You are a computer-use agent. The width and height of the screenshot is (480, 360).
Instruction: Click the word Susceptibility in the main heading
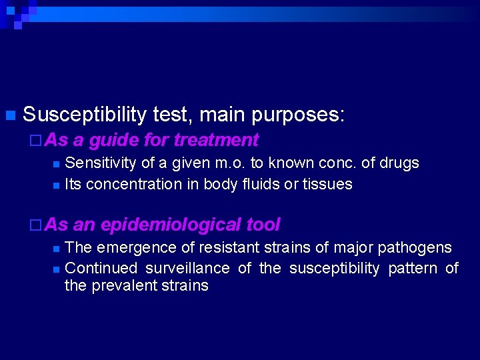point(85,115)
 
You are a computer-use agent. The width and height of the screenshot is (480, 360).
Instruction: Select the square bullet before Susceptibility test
point(9,115)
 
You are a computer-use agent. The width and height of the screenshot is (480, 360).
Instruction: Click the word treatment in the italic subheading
point(216,140)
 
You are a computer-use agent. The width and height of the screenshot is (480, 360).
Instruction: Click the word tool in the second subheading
point(263,225)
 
